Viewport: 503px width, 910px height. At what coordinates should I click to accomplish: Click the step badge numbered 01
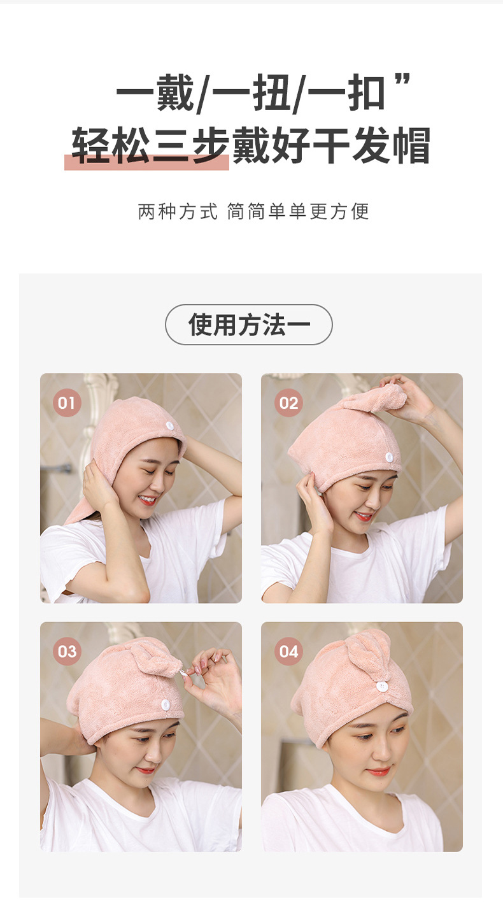66,402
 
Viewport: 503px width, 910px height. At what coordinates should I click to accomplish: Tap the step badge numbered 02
288,402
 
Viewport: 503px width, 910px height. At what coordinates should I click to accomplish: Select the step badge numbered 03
66,651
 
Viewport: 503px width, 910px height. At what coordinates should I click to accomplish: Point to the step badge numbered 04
288,651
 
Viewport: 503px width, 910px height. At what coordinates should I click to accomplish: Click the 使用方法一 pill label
249,325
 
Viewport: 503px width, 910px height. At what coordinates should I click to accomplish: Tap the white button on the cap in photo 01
170,426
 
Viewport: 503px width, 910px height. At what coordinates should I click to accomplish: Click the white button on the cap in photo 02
389,457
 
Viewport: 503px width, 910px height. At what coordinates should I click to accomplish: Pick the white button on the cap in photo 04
381,686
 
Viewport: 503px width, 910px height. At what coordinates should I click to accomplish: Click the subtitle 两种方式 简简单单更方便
253,211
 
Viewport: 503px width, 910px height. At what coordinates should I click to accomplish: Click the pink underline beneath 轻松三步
146,163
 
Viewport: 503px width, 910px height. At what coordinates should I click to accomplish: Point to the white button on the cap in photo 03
165,704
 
